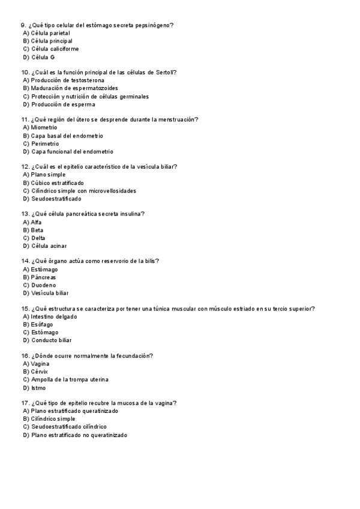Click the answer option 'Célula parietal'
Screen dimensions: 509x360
pyautogui.click(x=50, y=33)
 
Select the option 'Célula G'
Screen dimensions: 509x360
pyautogui.click(x=43, y=57)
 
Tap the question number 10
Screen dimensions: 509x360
pyautogui.click(x=25, y=73)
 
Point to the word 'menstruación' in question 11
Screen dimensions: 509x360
pyautogui.click(x=179, y=119)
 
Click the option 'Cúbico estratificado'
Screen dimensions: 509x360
pyautogui.click(x=58, y=183)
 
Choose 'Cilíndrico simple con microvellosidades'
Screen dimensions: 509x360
pyautogui.click(x=83, y=191)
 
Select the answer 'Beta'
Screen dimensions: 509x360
pyautogui.click(x=37, y=230)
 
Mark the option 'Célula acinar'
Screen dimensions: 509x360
pyautogui.click(x=49, y=246)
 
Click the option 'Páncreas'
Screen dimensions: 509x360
pyautogui.click(x=44, y=277)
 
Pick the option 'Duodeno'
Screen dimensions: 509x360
pyautogui.click(x=44, y=285)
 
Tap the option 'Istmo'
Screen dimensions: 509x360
pyautogui.click(x=38, y=388)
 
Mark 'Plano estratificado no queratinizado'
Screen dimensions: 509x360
pyautogui.click(x=79, y=435)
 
